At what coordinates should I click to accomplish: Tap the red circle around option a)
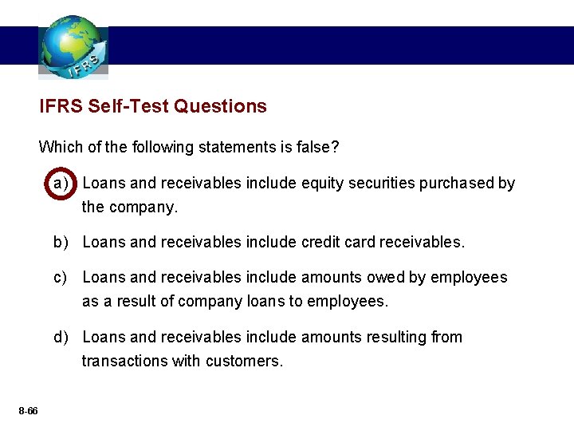point(61,184)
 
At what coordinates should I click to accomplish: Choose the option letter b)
point(61,242)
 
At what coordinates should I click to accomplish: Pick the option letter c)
point(61,277)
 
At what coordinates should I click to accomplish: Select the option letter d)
point(61,337)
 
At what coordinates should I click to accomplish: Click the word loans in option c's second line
point(279,301)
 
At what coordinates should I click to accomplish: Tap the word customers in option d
point(243,361)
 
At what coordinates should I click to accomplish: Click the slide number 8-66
point(28,410)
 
